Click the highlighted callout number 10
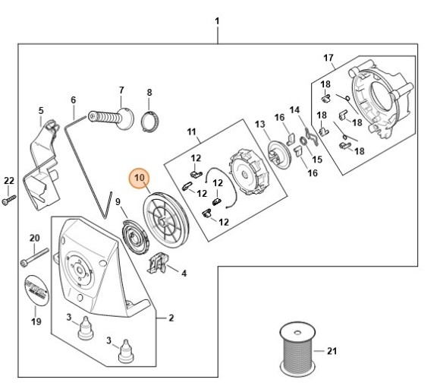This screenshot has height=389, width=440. (140, 178)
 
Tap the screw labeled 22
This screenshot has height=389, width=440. (9, 200)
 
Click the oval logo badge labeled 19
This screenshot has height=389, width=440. (36, 290)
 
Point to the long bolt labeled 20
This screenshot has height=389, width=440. (34, 257)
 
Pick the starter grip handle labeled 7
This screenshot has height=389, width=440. (111, 119)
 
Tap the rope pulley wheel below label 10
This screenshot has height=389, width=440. (166, 220)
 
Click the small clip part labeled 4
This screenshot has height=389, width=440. (159, 263)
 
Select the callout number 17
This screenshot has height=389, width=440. (328, 58)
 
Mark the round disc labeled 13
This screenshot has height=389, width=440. (279, 155)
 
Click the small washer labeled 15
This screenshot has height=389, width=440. (303, 141)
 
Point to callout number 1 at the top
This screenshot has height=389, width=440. (217, 21)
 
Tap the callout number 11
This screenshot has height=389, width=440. (191, 132)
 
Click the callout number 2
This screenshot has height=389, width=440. (171, 318)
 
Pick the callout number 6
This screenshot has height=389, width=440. (74, 100)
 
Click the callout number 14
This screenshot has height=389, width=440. (294, 110)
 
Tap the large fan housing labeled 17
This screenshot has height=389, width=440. (382, 103)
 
